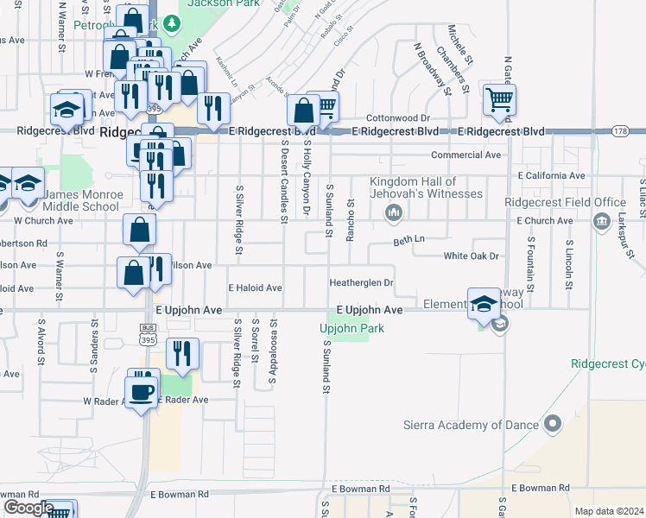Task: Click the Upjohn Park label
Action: point(351,328)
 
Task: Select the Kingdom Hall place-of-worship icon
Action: point(394,212)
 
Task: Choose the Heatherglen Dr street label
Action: point(361,282)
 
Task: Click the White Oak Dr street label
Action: point(472,256)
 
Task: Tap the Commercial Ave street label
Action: point(466,155)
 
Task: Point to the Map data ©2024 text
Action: point(609,511)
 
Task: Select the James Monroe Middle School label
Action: point(76,200)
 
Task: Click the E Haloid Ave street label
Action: point(255,287)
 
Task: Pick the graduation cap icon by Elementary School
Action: point(484,302)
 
